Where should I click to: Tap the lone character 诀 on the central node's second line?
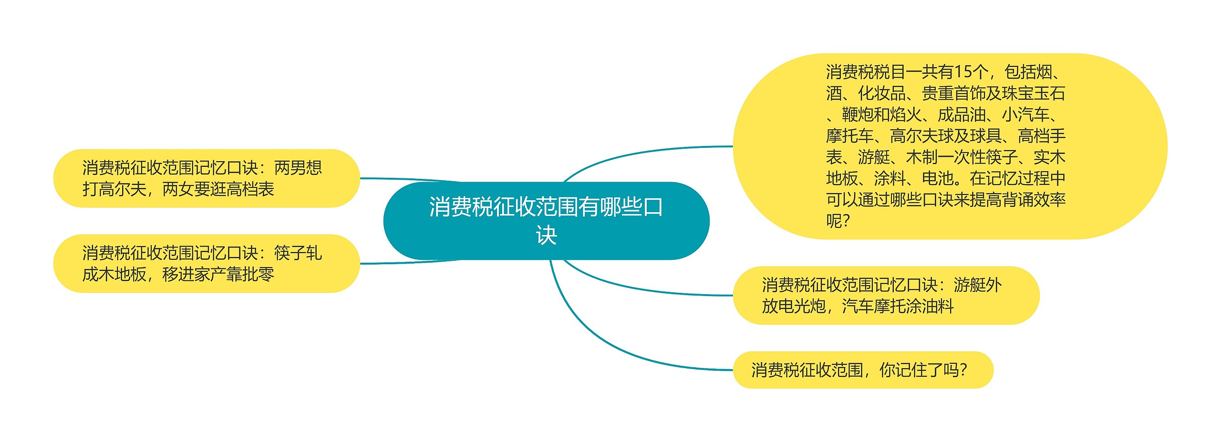(x=546, y=236)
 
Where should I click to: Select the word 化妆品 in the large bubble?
(x=882, y=93)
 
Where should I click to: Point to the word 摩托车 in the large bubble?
(x=850, y=136)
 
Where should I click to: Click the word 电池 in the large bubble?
(x=938, y=179)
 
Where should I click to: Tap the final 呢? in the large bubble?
(x=838, y=221)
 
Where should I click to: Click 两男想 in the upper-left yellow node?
(x=298, y=168)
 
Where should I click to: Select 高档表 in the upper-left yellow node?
(x=250, y=189)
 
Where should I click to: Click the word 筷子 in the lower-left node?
(x=290, y=253)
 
